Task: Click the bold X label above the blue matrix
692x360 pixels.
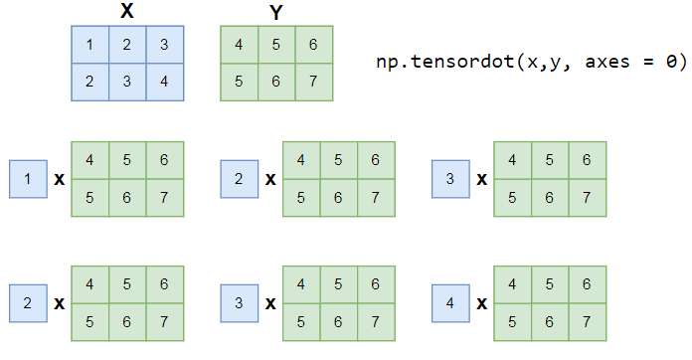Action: coord(127,11)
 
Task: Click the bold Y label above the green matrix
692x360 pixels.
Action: coord(275,11)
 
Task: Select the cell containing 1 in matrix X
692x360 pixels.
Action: coord(89,44)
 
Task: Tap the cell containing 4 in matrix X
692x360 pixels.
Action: coord(164,81)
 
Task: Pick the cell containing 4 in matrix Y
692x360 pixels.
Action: coord(238,44)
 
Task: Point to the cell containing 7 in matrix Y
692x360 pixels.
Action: coord(312,81)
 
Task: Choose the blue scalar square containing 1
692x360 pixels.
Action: coord(27,179)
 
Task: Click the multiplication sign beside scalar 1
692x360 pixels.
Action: coord(60,180)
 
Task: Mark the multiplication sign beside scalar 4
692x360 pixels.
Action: coord(482,301)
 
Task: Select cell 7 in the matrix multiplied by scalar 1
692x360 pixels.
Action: coord(164,198)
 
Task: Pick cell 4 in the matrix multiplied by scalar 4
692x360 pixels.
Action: coord(512,282)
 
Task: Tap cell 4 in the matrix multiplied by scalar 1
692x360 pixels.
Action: coord(89,160)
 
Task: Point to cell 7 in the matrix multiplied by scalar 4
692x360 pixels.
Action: coord(587,320)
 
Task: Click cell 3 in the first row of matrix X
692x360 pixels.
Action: coord(164,44)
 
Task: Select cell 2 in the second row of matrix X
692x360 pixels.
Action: coord(89,81)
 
